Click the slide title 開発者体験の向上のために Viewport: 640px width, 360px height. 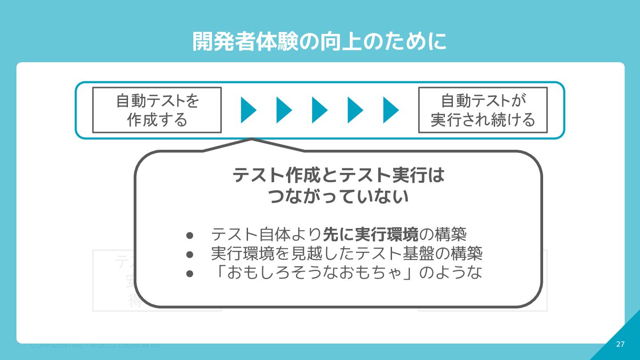click(320, 42)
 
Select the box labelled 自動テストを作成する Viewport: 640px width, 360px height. click(157, 110)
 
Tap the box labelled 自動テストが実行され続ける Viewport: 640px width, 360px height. click(483, 110)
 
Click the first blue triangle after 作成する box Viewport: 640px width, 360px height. click(248, 110)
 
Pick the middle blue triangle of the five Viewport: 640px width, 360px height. click(319, 110)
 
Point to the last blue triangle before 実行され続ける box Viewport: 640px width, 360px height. click(390, 110)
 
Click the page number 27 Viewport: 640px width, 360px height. click(620, 344)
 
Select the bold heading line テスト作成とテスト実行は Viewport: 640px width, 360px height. click(338, 176)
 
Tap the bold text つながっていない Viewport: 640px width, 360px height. click(338, 196)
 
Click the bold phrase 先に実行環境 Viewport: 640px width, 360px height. click(370, 234)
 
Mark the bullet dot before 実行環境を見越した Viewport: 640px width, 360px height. click(190, 254)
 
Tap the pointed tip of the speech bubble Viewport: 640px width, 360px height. click(252, 140)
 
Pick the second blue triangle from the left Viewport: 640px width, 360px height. click(284, 110)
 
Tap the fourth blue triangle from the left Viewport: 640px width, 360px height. click(355, 110)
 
